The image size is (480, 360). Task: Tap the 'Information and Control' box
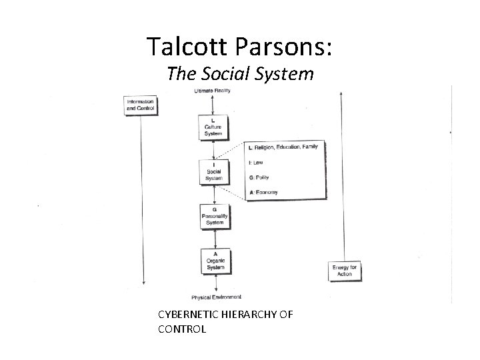(x=140, y=105)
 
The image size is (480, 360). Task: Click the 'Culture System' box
(x=213, y=127)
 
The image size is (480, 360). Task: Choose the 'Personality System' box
(x=213, y=216)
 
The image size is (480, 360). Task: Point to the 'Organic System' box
(x=213, y=260)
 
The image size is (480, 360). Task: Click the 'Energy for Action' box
(x=344, y=271)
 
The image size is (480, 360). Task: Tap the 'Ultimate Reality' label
(x=213, y=91)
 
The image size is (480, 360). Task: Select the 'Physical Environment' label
(x=216, y=297)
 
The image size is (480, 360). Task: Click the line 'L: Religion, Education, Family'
(x=283, y=147)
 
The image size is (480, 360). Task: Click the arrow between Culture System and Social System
(x=213, y=150)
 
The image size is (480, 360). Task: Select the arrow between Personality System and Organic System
(x=213, y=238)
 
